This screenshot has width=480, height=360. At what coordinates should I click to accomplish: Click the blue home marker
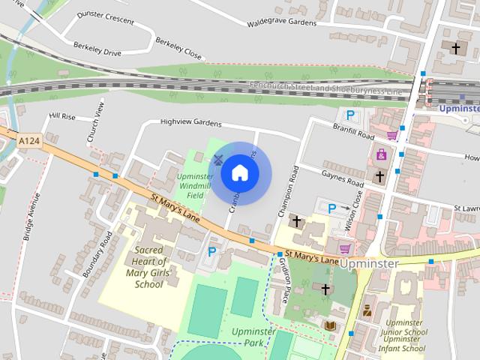240,173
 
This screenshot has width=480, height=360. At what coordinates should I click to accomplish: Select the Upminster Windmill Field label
194,186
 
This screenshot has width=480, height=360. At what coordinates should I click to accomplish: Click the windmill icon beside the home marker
218,160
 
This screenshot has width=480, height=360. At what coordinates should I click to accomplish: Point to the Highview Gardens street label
190,122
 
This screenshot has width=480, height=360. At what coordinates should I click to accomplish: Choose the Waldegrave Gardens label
282,22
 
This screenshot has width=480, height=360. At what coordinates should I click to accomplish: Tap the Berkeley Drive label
97,49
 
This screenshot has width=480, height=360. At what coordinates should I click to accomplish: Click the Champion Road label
289,191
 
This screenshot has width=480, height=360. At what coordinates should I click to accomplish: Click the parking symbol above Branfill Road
349,115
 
